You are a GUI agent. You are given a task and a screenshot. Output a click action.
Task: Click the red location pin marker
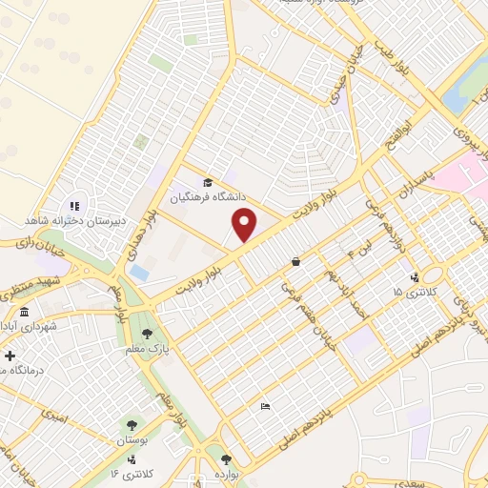tap(245, 225)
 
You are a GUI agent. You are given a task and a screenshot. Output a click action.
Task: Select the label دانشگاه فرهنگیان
tap(209, 197)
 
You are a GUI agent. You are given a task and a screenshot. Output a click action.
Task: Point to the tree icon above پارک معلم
tap(147, 333)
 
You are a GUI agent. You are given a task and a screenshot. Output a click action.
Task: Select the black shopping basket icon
tap(296, 261)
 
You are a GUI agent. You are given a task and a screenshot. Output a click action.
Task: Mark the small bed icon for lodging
tap(266, 406)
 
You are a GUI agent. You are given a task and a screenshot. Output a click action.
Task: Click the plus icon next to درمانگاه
tap(10, 355)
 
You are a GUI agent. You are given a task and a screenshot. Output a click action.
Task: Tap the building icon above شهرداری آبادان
tap(23, 313)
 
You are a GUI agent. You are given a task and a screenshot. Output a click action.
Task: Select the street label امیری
tap(54, 417)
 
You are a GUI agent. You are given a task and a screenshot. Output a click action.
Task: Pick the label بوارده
tap(226, 474)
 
